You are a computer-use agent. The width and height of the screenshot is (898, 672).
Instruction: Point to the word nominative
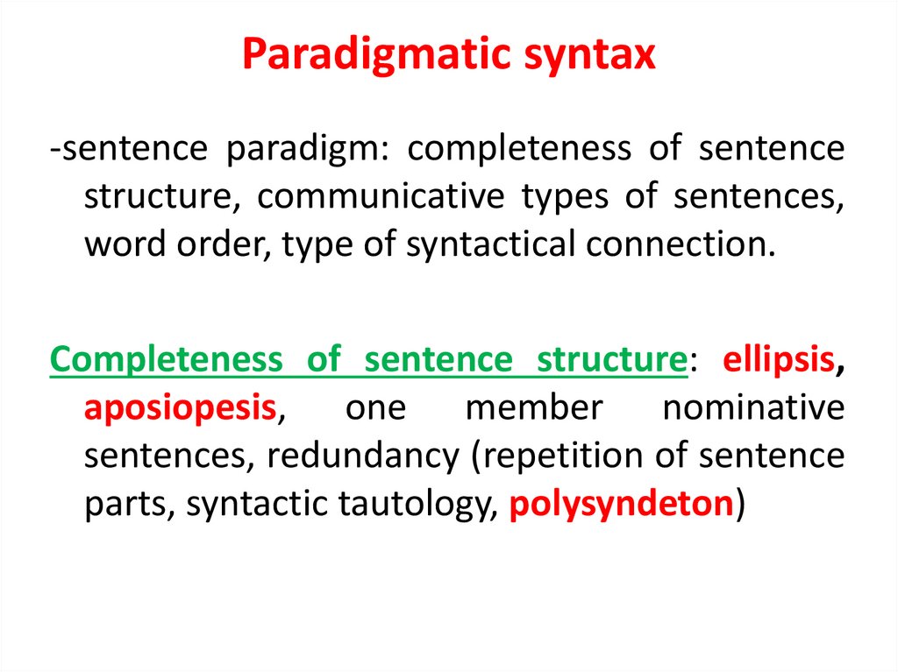(753, 408)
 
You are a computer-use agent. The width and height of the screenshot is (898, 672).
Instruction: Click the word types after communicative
(565, 196)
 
